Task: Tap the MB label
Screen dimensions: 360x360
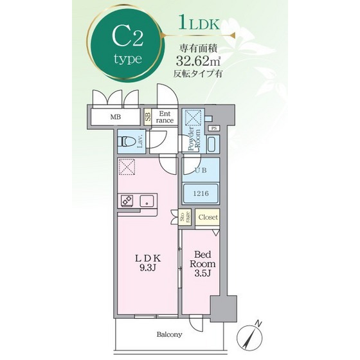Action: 116,117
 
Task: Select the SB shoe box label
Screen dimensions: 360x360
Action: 148,117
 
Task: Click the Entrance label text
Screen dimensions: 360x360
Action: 165,117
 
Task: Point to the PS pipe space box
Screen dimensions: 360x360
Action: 214,129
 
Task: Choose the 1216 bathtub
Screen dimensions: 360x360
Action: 201,193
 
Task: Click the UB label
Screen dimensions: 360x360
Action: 201,170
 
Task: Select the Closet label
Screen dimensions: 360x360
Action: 208,217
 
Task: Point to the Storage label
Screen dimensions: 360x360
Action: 185,217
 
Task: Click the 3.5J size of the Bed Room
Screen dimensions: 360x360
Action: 203,273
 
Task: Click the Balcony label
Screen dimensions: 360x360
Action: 169,334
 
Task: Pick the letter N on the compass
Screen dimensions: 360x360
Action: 258,324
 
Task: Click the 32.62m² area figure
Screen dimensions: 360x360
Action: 198,60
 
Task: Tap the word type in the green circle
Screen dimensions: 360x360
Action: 128,59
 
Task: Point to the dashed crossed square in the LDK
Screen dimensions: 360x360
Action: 126,166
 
